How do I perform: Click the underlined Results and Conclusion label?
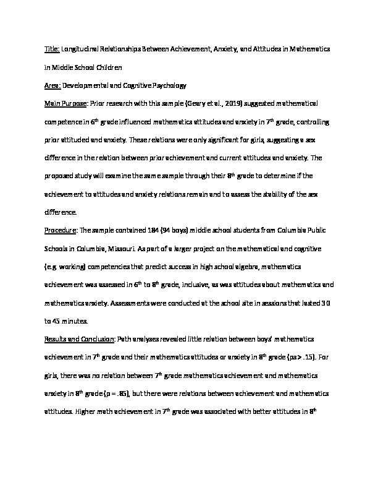79,340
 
